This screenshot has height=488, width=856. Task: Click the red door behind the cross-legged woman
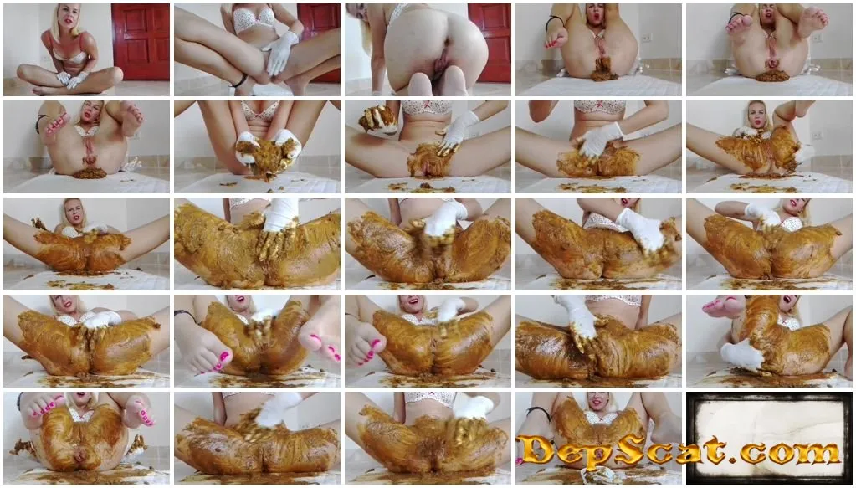point(141,42)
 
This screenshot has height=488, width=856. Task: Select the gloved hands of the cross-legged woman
point(72,80)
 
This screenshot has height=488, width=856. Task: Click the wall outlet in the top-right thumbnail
point(817,39)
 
